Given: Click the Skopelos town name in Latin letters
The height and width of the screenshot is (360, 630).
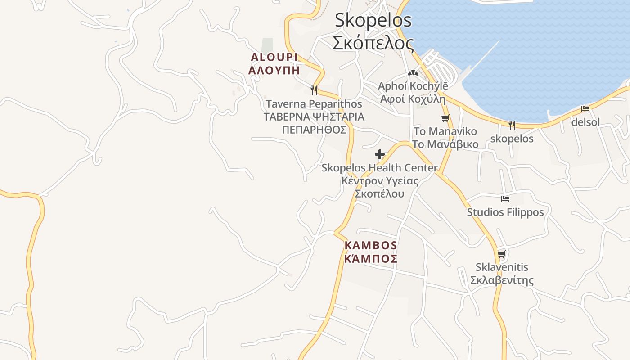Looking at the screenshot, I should (x=373, y=21).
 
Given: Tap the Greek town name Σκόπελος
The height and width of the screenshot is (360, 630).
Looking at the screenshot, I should (x=373, y=43).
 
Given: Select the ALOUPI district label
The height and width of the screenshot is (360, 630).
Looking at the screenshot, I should (x=274, y=57).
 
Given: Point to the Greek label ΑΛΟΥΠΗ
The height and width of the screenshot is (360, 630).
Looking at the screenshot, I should (x=274, y=71).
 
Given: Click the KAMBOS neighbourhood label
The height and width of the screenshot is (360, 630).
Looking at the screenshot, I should (x=371, y=246).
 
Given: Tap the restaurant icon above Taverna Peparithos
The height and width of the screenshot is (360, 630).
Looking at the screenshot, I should (x=314, y=90).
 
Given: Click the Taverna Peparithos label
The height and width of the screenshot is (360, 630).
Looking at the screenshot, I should (x=314, y=104).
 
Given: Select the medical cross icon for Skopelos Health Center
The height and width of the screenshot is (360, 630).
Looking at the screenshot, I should (x=380, y=155).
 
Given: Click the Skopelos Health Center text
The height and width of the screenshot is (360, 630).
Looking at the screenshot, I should (x=379, y=168).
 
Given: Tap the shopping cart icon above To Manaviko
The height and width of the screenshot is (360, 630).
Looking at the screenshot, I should (x=445, y=118).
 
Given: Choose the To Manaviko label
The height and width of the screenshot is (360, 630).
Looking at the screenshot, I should (x=445, y=131).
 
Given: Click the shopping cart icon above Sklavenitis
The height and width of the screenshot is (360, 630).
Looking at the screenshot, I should (x=502, y=254).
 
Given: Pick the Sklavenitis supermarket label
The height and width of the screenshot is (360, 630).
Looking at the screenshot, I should (x=502, y=267).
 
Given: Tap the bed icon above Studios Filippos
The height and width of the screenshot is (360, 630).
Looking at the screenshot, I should (x=505, y=198).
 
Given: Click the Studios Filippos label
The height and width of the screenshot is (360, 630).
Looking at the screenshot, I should (x=505, y=212).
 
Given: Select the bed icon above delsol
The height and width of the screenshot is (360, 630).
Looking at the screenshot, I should (x=585, y=108).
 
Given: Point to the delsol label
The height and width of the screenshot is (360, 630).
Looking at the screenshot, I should (x=585, y=122).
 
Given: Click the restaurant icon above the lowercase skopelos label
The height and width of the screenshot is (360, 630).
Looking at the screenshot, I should (x=512, y=125).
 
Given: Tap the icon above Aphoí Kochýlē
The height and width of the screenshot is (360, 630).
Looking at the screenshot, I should (x=413, y=72).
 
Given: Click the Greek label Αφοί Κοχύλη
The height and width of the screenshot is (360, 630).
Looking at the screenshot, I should (x=413, y=99).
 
